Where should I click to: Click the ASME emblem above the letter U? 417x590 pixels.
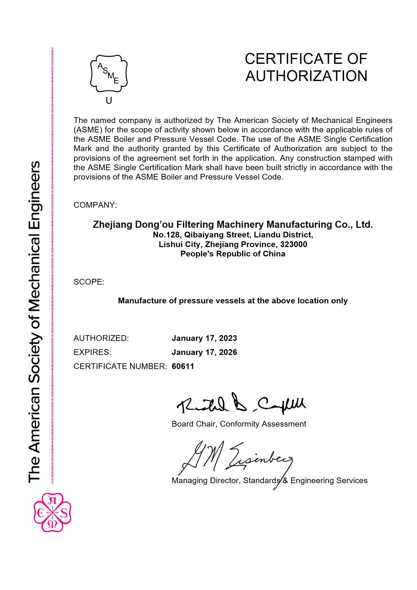point(109,73)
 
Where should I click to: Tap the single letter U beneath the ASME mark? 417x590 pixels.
point(109,101)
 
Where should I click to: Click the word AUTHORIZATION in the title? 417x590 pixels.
point(306,76)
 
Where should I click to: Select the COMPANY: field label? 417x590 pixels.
point(95,205)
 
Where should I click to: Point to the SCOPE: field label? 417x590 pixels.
point(89,282)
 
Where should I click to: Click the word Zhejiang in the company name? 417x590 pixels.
point(112,224)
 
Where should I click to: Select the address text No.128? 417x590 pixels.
point(166,235)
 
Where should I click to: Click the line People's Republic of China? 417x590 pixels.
point(233,254)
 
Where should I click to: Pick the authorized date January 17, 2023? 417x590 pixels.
point(204,338)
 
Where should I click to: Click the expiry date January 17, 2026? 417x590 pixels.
point(204,352)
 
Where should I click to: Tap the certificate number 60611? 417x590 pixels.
point(183,366)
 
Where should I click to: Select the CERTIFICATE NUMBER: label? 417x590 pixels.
point(120,366)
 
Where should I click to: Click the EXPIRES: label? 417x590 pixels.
point(92,352)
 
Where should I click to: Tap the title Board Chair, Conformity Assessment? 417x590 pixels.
point(239,424)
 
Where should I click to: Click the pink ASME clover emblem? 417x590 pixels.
point(52,513)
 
